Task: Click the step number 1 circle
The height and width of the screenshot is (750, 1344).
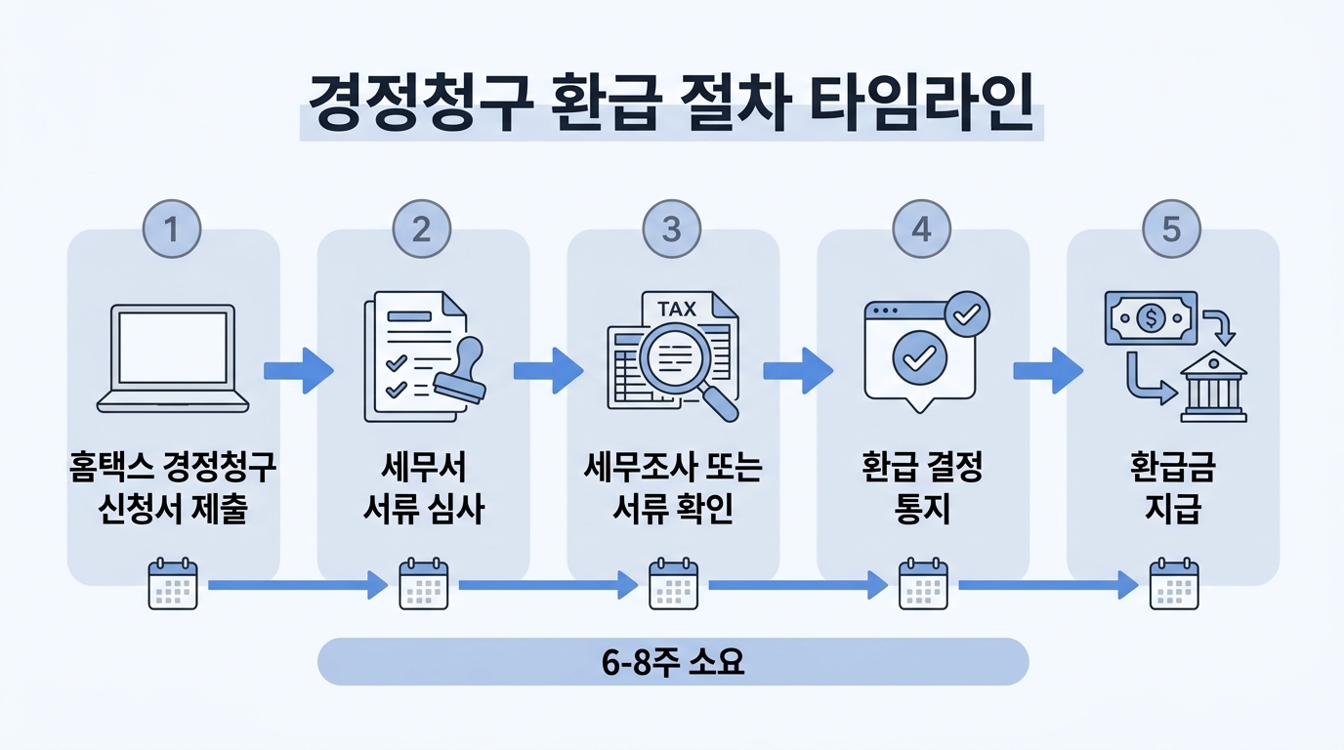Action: pyautogui.click(x=172, y=229)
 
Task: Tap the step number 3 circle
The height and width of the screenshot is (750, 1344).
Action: pyautogui.click(x=672, y=229)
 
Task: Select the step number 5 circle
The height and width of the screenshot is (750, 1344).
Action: pyautogui.click(x=1171, y=229)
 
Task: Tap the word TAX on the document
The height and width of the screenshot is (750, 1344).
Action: pyautogui.click(x=677, y=310)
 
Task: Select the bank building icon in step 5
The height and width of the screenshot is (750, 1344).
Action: pyautogui.click(x=1213, y=387)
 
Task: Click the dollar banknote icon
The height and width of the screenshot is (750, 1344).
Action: pyautogui.click(x=1151, y=317)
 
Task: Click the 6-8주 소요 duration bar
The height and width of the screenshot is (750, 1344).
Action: pyautogui.click(x=673, y=662)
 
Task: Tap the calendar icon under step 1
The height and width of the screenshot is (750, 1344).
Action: pyautogui.click(x=173, y=585)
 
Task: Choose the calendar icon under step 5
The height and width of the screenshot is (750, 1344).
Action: pyautogui.click(x=1173, y=585)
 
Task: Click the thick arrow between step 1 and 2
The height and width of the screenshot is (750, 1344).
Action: pyautogui.click(x=299, y=371)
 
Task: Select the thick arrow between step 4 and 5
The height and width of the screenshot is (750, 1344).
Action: pyautogui.click(x=1048, y=371)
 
